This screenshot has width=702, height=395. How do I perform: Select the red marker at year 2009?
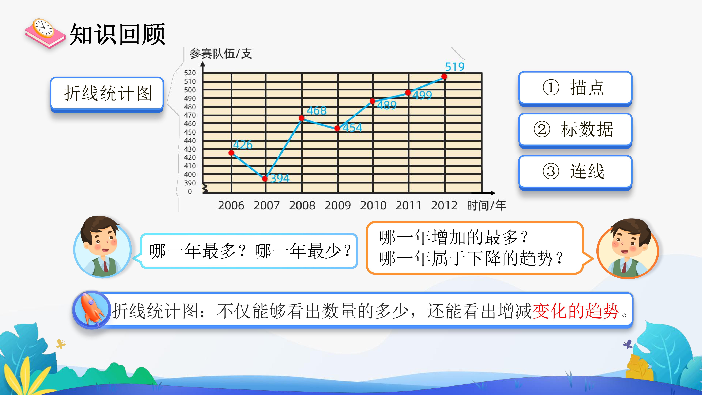[337, 128]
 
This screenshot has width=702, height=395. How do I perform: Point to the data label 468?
[316, 111]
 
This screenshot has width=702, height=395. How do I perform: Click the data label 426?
[243, 145]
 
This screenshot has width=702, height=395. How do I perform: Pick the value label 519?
[455, 67]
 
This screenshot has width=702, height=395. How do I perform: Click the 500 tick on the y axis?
[190, 90]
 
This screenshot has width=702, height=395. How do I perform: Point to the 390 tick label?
[190, 183]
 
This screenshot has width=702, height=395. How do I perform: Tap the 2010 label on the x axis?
[373, 205]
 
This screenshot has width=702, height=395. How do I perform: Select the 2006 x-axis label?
[231, 205]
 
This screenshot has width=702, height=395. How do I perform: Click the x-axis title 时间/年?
[486, 205]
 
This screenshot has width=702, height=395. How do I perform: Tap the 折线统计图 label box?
[107, 94]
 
